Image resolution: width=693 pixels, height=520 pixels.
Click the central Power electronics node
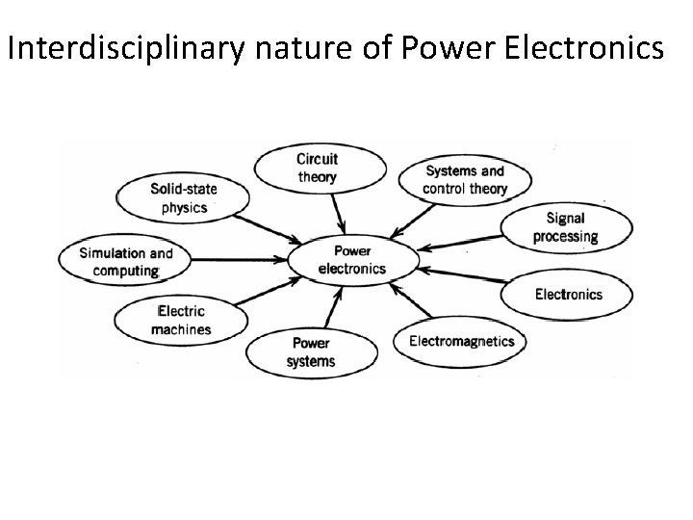click(352, 260)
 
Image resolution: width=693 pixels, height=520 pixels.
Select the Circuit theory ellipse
click(317, 168)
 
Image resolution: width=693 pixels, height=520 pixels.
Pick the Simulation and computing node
click(125, 261)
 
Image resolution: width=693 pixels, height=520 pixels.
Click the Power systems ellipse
click(311, 351)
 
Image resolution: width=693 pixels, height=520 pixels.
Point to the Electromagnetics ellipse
click(461, 341)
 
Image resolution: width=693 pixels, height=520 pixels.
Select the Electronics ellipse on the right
click(568, 294)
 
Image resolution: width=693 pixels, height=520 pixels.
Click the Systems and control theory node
click(464, 180)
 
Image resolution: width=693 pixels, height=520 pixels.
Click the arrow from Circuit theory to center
click(336, 211)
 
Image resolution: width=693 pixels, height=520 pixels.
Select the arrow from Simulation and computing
click(241, 258)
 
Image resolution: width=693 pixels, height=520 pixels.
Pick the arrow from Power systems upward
click(332, 309)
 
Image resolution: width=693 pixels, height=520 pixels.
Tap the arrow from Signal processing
click(463, 246)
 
